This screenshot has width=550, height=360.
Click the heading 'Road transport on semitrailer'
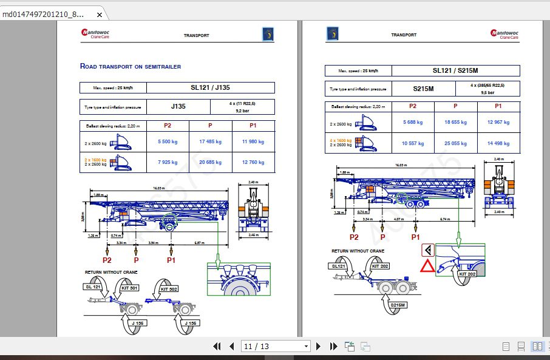[131, 66]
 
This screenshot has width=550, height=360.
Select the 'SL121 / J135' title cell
[210, 87]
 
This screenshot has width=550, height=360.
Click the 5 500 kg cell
[168, 142]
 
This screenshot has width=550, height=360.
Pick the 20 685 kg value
[210, 162]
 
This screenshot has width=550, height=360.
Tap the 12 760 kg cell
[253, 162]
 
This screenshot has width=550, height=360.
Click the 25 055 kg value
[455, 144]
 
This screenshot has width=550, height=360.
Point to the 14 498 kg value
[498, 144]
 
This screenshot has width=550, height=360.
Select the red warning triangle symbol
[429, 267]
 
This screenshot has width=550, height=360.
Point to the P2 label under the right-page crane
[353, 237]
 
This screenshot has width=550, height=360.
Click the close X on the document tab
[99, 14]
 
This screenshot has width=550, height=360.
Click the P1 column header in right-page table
[498, 106]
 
